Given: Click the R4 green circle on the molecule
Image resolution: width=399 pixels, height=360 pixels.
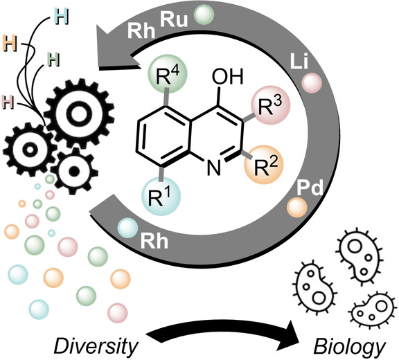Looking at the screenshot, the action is tap(168, 74).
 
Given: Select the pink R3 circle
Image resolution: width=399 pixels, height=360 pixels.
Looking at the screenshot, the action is tap(270, 105).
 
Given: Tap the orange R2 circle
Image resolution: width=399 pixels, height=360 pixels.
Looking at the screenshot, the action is tap(264, 165).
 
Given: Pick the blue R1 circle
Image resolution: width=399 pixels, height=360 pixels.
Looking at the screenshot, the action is tap(161, 197).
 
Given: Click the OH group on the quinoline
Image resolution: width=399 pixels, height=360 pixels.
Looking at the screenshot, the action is tap(227, 77).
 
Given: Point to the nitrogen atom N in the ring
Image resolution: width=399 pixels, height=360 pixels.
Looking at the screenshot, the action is tap(214, 168).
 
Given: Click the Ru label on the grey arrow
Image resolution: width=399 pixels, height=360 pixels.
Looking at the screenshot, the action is tap(174, 19).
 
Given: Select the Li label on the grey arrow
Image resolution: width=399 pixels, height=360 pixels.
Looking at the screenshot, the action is tap(299, 62).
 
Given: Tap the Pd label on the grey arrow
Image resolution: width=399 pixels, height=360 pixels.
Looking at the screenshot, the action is tap(310, 188).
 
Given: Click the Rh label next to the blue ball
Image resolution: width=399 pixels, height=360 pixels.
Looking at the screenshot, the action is tap(154, 240).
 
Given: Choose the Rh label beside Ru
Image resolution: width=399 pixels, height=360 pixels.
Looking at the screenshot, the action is tap(141, 31).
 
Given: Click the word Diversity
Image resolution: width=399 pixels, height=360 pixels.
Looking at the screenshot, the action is tap(96, 346).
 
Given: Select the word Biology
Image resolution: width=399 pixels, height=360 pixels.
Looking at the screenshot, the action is tap(349, 347).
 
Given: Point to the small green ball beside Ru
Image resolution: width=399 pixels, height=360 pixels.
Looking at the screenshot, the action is tap(204, 15).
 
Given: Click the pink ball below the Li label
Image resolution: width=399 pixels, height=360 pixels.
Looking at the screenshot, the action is tap(312, 83).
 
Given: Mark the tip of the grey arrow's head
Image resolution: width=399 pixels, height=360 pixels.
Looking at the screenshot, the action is tap(96, 24).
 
